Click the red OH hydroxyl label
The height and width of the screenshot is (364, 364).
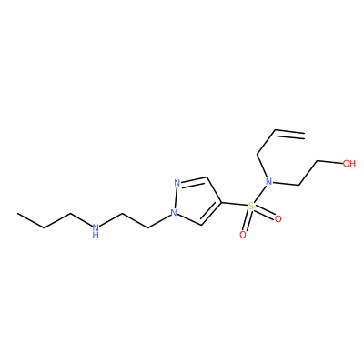[x=349, y=164]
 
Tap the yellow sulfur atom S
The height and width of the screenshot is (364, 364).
[x=251, y=207]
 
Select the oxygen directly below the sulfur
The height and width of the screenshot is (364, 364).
[x=243, y=235]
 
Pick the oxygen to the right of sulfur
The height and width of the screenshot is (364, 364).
[x=278, y=218]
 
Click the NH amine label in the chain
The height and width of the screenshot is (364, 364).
[x=96, y=230]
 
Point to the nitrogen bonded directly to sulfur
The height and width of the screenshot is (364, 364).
[x=268, y=182]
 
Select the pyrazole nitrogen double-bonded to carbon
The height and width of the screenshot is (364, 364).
[x=177, y=183]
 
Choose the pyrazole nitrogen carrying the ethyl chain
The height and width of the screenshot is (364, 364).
[x=174, y=213]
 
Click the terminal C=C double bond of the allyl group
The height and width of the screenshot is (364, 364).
[x=289, y=135]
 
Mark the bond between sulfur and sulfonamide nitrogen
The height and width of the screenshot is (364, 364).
[x=259, y=194]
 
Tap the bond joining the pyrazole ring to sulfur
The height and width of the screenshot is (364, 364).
[x=235, y=204]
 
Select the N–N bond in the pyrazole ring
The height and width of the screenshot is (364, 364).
[x=176, y=198]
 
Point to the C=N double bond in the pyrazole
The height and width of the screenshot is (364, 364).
[x=194, y=180]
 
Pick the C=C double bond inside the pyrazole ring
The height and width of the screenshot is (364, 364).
[x=211, y=214]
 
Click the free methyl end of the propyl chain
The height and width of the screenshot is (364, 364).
[x=17, y=214]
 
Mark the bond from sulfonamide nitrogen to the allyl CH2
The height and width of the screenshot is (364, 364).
[x=261, y=166]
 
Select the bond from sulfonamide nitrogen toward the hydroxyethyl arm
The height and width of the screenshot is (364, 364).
[x=286, y=183]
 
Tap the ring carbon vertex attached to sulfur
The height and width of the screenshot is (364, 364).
[x=222, y=202]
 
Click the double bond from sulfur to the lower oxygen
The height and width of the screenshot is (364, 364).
[x=247, y=220]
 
